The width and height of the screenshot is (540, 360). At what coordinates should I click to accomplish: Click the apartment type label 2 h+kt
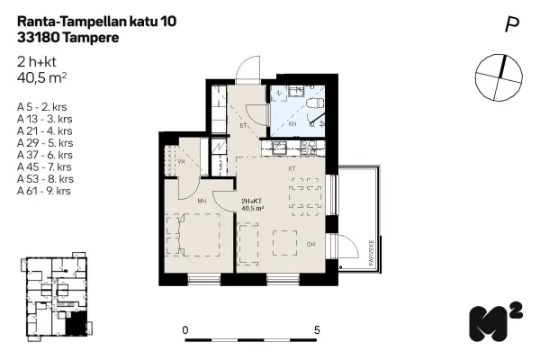pyautogui.click(x=40, y=62)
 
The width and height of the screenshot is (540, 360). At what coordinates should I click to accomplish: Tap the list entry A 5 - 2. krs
pyautogui.click(x=44, y=108)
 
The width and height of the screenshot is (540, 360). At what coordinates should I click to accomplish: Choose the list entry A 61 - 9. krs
pyautogui.click(x=46, y=190)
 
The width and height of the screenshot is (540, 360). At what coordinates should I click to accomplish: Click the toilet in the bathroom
pyautogui.click(x=312, y=109)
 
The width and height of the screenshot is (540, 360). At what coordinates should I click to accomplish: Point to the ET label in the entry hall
pyautogui.click(x=243, y=126)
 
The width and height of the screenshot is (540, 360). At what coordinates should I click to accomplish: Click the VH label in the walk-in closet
pyautogui.click(x=181, y=162)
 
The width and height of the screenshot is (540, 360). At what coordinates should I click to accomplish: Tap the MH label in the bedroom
pyautogui.click(x=202, y=202)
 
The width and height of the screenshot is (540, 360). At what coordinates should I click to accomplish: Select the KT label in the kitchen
pyautogui.click(x=292, y=168)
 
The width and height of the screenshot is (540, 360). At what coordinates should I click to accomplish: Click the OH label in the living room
pyautogui.click(x=310, y=244)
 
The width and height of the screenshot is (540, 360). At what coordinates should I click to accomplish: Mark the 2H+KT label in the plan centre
pyautogui.click(x=251, y=203)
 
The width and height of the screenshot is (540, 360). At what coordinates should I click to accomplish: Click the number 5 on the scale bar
pyautogui.click(x=317, y=330)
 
